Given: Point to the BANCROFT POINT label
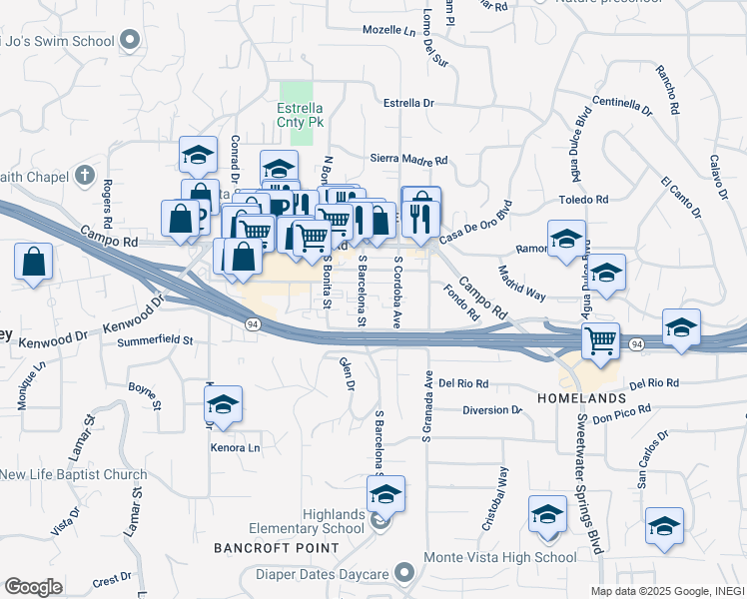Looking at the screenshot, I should (x=277, y=548).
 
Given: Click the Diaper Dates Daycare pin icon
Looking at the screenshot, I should (x=403, y=573).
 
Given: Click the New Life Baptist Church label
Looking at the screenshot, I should (x=74, y=475).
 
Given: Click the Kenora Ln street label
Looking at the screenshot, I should (x=235, y=447).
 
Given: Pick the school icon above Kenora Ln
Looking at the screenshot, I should (x=223, y=404).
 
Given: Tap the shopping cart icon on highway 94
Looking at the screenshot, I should (x=600, y=341).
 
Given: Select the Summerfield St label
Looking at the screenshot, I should (x=155, y=340).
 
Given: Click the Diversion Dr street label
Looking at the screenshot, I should (x=492, y=410).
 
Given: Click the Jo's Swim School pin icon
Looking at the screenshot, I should (x=129, y=41).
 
